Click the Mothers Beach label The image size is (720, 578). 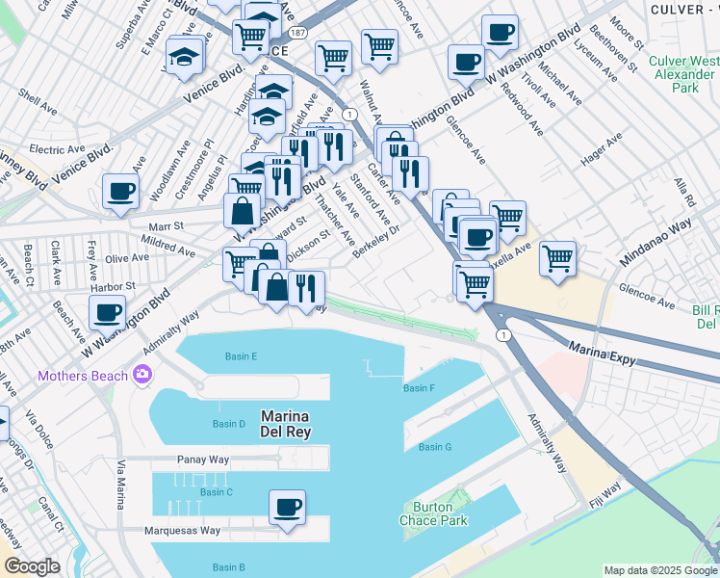pyautogui.click(x=84, y=375)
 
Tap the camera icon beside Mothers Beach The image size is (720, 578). pyautogui.click(x=143, y=374)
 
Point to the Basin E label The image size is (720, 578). pyautogui.click(x=241, y=356)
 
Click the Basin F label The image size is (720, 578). pyautogui.click(x=420, y=388)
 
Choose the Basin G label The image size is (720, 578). pyautogui.click(x=435, y=447)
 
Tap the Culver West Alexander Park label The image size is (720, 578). pyautogui.click(x=684, y=74)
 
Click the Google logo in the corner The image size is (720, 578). pyautogui.click(x=32, y=566)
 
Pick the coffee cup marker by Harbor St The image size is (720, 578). pyautogui.click(x=107, y=311)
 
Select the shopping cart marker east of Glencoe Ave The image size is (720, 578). pyautogui.click(x=557, y=258)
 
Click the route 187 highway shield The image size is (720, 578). pyautogui.click(x=299, y=33)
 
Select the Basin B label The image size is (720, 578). pyautogui.click(x=228, y=567)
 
